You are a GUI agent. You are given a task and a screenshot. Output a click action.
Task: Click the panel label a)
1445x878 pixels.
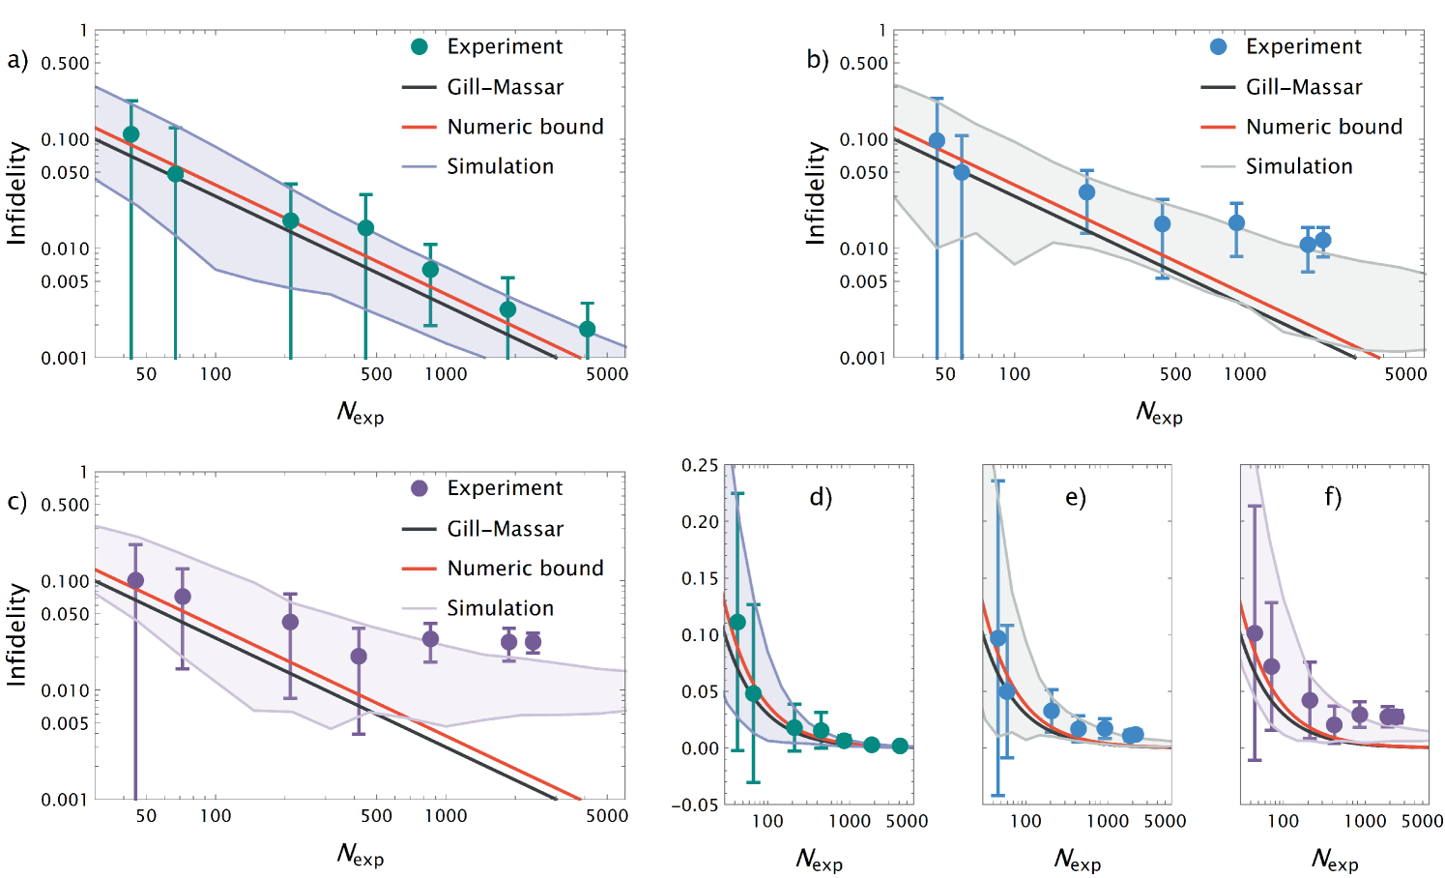pyautogui.click(x=16, y=61)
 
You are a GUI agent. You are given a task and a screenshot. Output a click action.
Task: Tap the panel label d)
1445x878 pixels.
pyautogui.click(x=821, y=497)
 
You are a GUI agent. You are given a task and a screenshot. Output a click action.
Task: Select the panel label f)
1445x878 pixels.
pyautogui.click(x=1333, y=497)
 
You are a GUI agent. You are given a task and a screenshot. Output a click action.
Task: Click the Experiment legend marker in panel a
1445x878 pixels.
pyautogui.click(x=419, y=46)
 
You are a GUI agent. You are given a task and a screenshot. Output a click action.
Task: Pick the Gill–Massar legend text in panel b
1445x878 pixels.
pyautogui.click(x=1303, y=87)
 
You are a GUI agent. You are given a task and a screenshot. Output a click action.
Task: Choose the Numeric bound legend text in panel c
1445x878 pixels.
pyautogui.click(x=525, y=569)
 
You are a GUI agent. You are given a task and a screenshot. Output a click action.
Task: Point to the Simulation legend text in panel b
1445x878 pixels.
pyautogui.click(x=1298, y=166)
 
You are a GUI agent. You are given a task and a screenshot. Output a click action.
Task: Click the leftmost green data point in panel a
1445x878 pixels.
pyautogui.click(x=131, y=134)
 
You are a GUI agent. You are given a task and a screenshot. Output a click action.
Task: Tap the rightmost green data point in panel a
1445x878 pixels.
pyautogui.click(x=588, y=329)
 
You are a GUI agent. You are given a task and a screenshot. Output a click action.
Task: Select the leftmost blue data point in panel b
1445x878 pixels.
pyautogui.click(x=937, y=140)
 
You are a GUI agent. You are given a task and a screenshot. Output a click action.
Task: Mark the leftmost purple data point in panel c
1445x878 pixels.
pyautogui.click(x=135, y=580)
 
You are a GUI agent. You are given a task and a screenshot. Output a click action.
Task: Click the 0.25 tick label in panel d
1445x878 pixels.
pyautogui.click(x=700, y=466)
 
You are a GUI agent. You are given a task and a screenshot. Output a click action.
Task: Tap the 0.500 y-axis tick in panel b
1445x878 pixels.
pyautogui.click(x=863, y=64)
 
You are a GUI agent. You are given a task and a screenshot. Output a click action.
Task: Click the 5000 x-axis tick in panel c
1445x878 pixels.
pyautogui.click(x=607, y=816)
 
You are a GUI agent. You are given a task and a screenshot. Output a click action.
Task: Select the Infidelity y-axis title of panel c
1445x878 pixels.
pyautogui.click(x=16, y=634)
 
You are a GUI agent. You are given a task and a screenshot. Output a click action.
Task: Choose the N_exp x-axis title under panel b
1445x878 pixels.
pyautogui.click(x=1159, y=413)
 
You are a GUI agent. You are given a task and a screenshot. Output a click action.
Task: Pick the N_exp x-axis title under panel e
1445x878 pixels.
pyautogui.click(x=1077, y=860)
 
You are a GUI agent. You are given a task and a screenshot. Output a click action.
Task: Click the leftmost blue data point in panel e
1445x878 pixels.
pyautogui.click(x=998, y=638)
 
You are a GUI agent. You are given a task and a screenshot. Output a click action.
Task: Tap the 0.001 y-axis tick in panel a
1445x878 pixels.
pyautogui.click(x=64, y=359)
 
